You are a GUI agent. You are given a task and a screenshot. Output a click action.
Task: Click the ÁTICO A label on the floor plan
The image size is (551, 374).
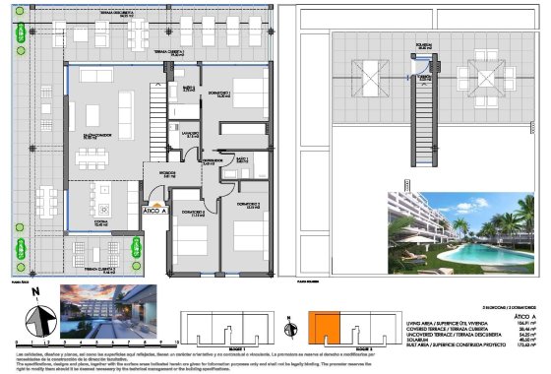pos(154,210)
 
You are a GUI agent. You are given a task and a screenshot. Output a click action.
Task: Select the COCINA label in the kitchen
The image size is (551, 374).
pos(102,223)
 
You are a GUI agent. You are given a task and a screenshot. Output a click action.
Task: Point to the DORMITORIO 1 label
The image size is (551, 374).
pos(223,95)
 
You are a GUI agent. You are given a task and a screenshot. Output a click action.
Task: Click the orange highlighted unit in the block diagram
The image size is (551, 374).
pos(325,330)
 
